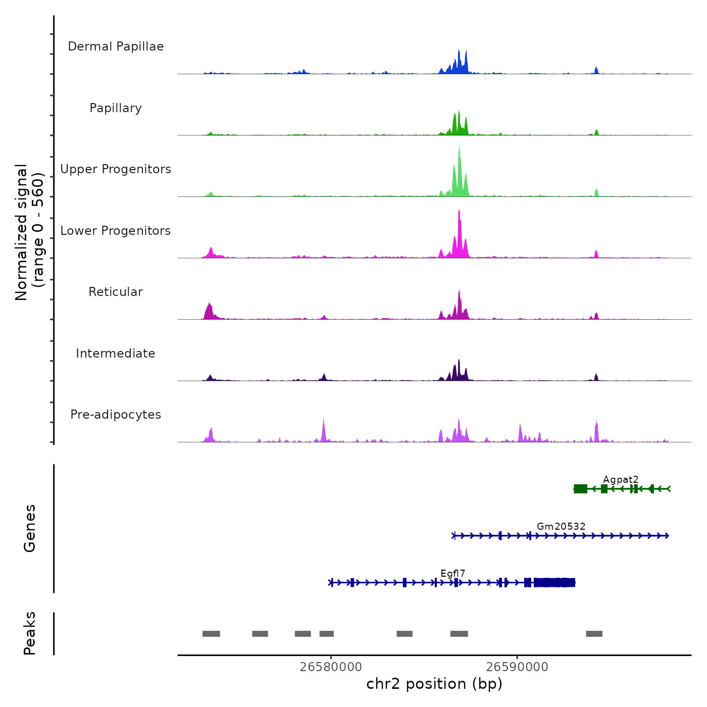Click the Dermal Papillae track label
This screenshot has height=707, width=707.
tap(116, 46)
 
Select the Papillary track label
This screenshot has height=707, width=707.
tap(116, 108)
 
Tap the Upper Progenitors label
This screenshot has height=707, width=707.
tap(116, 169)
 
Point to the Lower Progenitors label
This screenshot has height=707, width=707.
tap(116, 231)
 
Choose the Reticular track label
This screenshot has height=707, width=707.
tap(116, 292)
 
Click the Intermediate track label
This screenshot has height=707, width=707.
tap(116, 353)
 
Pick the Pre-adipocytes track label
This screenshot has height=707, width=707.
tap(116, 415)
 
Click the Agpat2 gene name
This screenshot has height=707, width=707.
tap(621, 479)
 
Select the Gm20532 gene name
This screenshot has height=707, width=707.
tap(561, 526)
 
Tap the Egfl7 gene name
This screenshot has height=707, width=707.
tap(452, 573)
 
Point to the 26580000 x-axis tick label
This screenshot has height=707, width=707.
tap(331, 667)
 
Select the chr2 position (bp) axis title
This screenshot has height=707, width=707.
tap(434, 684)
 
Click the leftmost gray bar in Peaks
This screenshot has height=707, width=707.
tap(211, 634)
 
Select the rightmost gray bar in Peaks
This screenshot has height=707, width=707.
tap(594, 634)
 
